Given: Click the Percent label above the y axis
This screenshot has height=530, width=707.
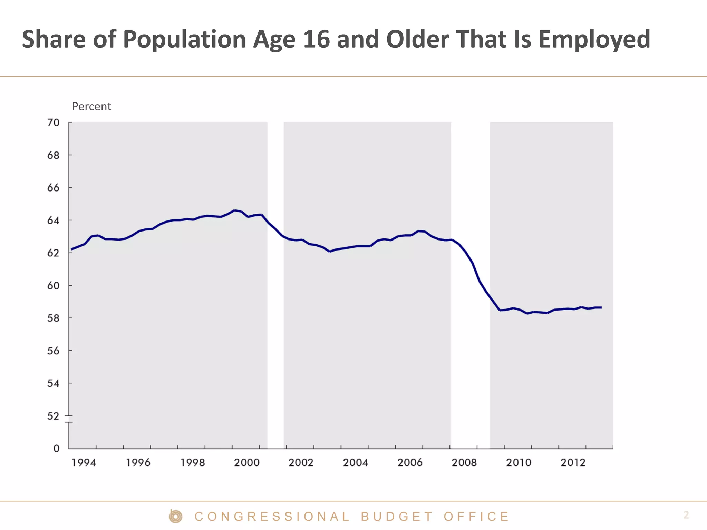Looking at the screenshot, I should click(91, 107).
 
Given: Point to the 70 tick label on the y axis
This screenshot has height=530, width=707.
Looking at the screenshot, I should click(53, 123).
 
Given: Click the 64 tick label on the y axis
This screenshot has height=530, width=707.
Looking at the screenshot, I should click(53, 220).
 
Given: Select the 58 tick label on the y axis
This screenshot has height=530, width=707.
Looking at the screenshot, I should click(53, 318).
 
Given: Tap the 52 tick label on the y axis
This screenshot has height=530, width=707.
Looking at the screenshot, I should click(53, 416).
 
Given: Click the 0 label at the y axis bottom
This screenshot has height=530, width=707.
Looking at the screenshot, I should click(56, 449).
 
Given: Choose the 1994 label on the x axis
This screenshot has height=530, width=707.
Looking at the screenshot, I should click(84, 463).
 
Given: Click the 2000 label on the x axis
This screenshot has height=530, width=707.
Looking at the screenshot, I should click(246, 463).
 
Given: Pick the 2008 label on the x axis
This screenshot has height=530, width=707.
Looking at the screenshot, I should click(464, 463).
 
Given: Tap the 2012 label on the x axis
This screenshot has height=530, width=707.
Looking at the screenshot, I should click(573, 463).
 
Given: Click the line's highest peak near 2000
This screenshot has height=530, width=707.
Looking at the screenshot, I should click(235, 210).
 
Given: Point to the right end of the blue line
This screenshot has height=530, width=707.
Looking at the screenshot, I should click(601, 307).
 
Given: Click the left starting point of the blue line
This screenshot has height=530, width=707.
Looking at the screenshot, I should click(72, 249).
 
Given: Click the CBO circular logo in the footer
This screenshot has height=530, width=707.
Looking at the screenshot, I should click(176, 517).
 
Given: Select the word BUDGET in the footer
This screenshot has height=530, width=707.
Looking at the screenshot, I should click(397, 517).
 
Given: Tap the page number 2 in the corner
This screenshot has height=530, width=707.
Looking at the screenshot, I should click(686, 515).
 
